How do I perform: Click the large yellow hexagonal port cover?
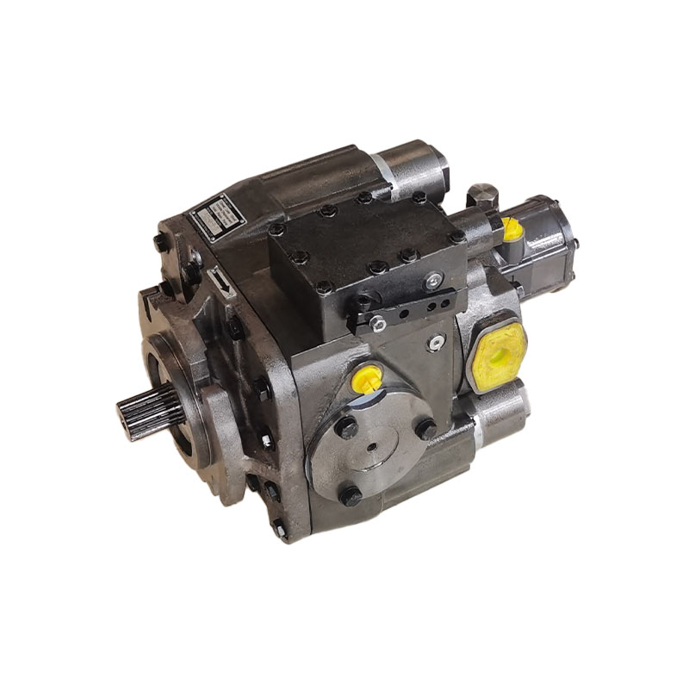pyautogui.click(x=497, y=356)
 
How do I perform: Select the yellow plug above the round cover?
pyautogui.click(x=367, y=379)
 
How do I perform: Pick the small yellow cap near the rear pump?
pyautogui.click(x=512, y=229)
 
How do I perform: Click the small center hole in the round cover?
pyautogui.click(x=373, y=448)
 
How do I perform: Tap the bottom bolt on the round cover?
pyautogui.click(x=350, y=495)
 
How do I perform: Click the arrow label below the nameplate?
pyautogui.click(x=221, y=283)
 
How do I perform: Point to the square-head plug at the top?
pyautogui.click(x=481, y=195)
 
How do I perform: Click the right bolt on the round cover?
pyautogui.click(x=425, y=428)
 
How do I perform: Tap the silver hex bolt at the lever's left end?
pyautogui.click(x=377, y=324)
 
